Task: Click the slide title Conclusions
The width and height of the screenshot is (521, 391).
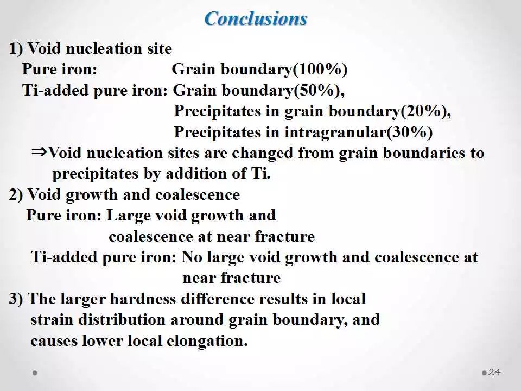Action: point(256,18)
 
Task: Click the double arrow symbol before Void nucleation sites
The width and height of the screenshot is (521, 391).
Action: point(40,153)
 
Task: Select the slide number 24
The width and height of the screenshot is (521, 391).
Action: point(494,372)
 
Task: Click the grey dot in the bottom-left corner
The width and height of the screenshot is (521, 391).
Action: point(35,373)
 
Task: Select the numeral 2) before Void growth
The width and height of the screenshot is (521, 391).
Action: point(16,195)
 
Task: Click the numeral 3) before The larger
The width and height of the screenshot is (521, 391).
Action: point(16,299)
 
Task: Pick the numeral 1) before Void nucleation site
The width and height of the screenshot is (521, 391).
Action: point(16,48)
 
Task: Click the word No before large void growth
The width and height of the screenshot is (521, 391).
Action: point(192,257)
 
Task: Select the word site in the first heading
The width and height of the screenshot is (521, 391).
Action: point(160,48)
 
